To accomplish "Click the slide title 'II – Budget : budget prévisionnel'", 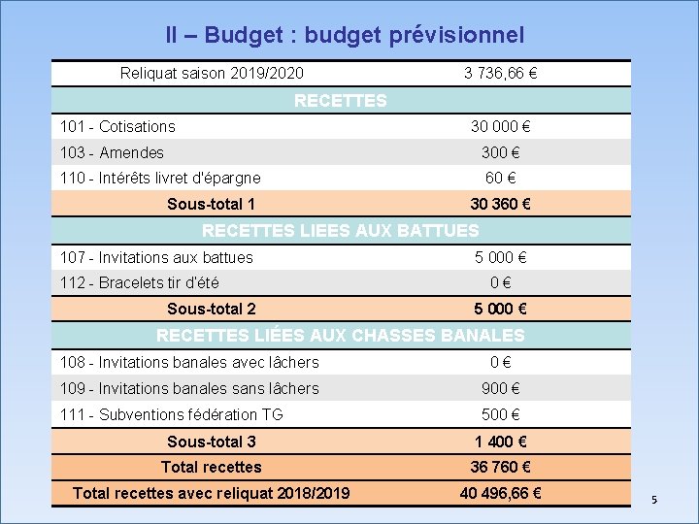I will point(345,35).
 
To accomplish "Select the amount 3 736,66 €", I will point(501,74).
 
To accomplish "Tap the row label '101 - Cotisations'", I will point(117,126).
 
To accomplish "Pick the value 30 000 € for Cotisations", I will point(501,126).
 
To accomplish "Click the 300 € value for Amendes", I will point(501,152).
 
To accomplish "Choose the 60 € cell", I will point(501,179).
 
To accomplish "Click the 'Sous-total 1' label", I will point(212,205).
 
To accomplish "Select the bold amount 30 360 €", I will point(501,205).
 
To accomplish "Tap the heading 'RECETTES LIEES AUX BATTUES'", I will point(340,231).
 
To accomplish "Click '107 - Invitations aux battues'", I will point(156,257).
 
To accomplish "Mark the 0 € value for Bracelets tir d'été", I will point(501,283).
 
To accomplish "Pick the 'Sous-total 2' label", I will point(212,310).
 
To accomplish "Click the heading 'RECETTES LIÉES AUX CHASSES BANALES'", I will point(340,336).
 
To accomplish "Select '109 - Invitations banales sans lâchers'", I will point(189,388).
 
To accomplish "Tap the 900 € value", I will point(501,388).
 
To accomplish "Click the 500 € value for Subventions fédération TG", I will point(501,414).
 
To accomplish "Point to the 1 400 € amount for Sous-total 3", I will point(501,442).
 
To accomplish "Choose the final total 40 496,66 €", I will point(501,493).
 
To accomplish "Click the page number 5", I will point(654,500).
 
